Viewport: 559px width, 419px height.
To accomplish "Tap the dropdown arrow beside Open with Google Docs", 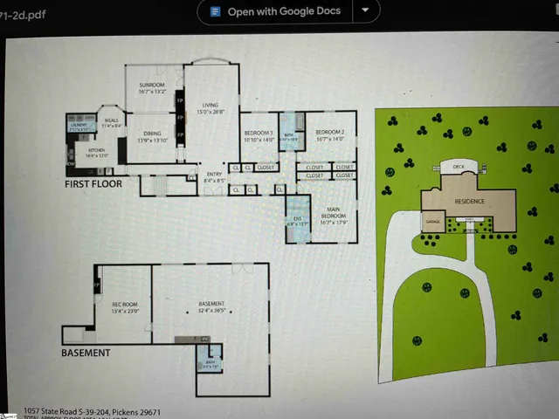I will pos(365,11).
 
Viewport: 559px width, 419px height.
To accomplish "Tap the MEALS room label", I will pos(111,123).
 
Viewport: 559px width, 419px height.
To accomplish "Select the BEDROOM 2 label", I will pos(330,134).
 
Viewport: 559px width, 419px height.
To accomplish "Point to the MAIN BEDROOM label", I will pos(328,212).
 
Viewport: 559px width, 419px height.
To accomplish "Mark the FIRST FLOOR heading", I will pos(93,185).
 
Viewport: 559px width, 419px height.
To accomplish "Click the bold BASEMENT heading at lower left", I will pos(86,353).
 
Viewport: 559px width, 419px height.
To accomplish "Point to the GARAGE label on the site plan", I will pos(431,222).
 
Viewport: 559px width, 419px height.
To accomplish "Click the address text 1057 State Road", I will pos(93,411).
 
